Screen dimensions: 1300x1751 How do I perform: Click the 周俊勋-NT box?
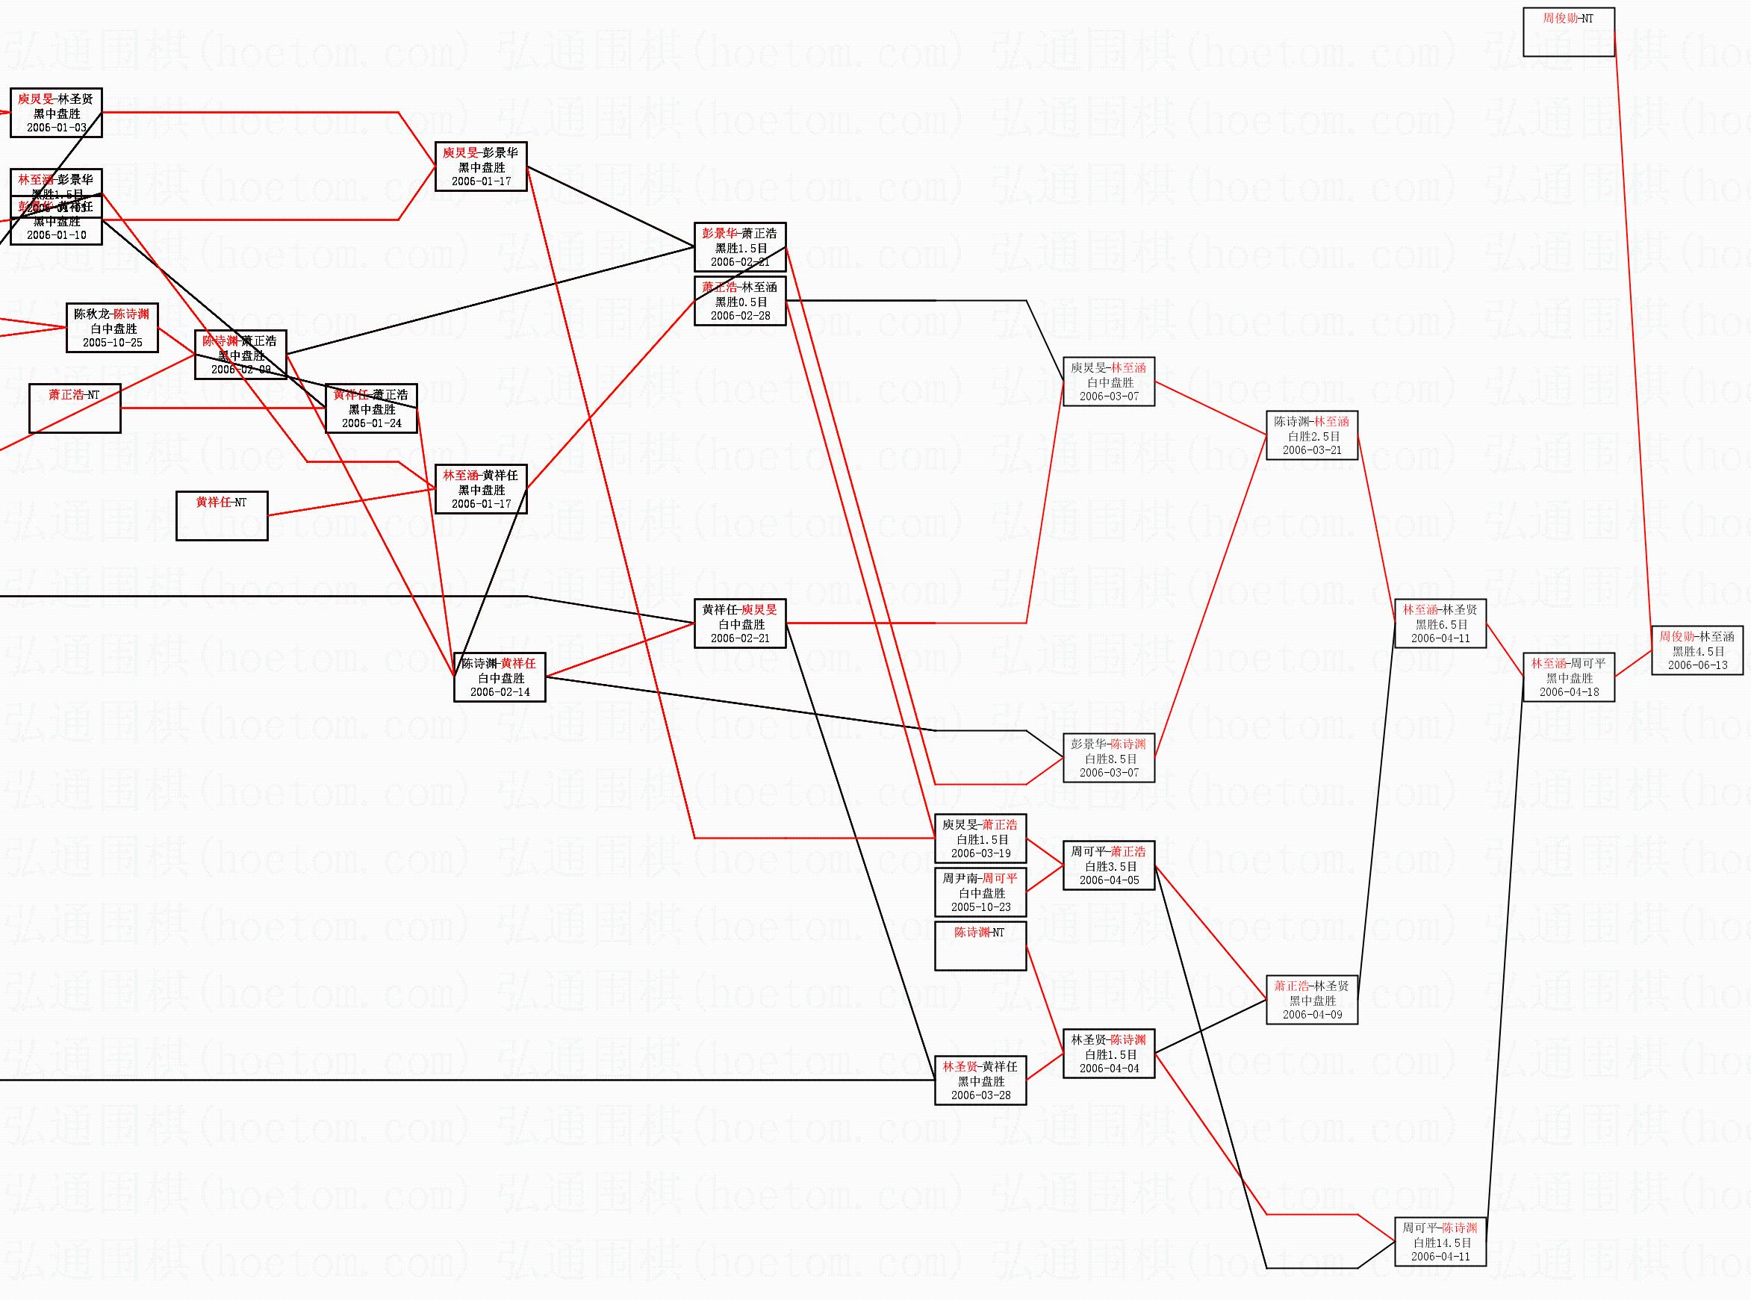(1568, 32)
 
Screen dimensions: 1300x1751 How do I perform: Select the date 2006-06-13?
(1697, 666)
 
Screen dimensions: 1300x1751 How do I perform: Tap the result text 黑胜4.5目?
(1697, 652)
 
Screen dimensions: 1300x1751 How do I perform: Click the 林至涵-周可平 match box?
(1568, 677)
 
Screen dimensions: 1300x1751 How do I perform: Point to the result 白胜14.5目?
(1441, 1243)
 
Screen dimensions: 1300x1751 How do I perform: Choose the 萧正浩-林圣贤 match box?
(1312, 1000)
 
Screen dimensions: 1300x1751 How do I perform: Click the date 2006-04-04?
(1109, 1069)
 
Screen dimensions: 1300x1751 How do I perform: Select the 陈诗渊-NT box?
(980, 946)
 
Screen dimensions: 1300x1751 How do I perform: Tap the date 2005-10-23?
(980, 907)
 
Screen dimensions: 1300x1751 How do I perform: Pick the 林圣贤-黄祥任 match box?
(980, 1080)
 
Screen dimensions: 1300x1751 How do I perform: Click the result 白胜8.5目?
(1110, 759)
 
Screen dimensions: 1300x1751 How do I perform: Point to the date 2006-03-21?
(1312, 451)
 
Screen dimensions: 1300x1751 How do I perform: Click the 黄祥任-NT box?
(221, 515)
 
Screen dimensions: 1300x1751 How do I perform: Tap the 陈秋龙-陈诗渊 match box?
(112, 327)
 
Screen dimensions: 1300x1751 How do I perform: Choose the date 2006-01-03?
(56, 128)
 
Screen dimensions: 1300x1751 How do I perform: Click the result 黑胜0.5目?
(741, 302)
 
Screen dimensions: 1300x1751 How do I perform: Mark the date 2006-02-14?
(500, 692)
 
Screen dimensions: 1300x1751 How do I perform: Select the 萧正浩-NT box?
(75, 408)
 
